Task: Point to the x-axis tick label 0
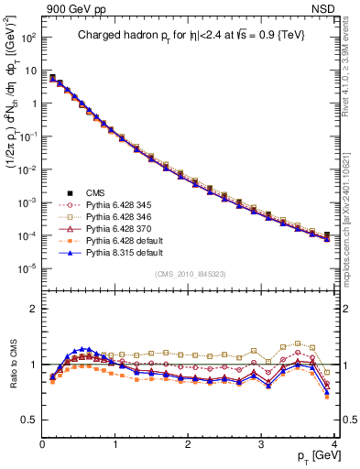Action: click(x=43, y=444)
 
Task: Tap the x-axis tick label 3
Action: click(x=261, y=444)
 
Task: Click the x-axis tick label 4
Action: click(x=334, y=444)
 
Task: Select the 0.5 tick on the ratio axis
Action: click(x=30, y=420)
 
